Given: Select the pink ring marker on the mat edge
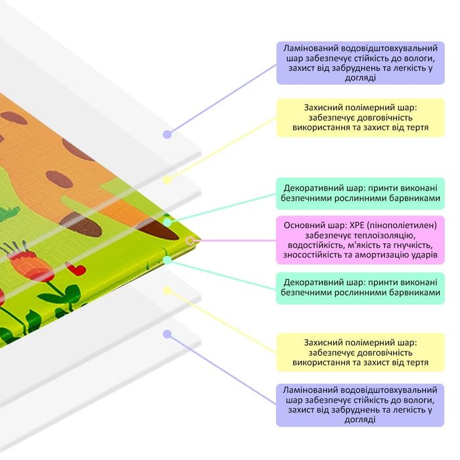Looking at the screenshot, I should coord(190,241).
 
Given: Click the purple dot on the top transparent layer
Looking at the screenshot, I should coord(168,134).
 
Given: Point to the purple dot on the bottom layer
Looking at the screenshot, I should coord(168,334).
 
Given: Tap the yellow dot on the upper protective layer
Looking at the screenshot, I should coord(168,179).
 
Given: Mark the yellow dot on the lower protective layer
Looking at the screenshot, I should coord(168,289).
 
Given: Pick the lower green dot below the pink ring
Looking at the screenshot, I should coord(168,260).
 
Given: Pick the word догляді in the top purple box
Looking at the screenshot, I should coord(359,78).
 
